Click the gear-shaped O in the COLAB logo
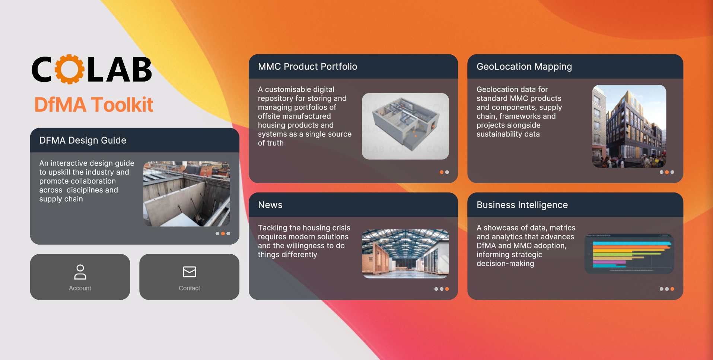pyautogui.click(x=69, y=69)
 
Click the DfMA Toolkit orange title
pyautogui.click(x=94, y=105)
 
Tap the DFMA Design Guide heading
pyautogui.click(x=83, y=140)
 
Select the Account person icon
pyautogui.click(x=80, y=272)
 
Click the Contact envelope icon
pyautogui.click(x=190, y=272)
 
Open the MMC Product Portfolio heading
pyautogui.click(x=308, y=67)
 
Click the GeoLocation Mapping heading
pyautogui.click(x=524, y=67)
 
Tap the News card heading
pyautogui.click(x=270, y=205)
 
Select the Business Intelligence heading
pyautogui.click(x=522, y=205)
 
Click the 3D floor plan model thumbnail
pyautogui.click(x=405, y=126)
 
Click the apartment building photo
pyautogui.click(x=629, y=126)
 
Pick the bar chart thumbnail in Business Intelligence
pyautogui.click(x=629, y=254)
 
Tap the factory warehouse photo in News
pyautogui.click(x=405, y=254)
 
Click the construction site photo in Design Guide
pyautogui.click(x=187, y=194)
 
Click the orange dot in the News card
pyautogui.click(x=447, y=289)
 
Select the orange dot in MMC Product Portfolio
pyautogui.click(x=442, y=172)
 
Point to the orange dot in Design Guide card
pyautogui.click(x=223, y=234)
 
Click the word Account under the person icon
pyautogui.click(x=80, y=288)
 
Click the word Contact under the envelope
pyautogui.click(x=190, y=288)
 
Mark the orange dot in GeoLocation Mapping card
pyautogui.click(x=667, y=172)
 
